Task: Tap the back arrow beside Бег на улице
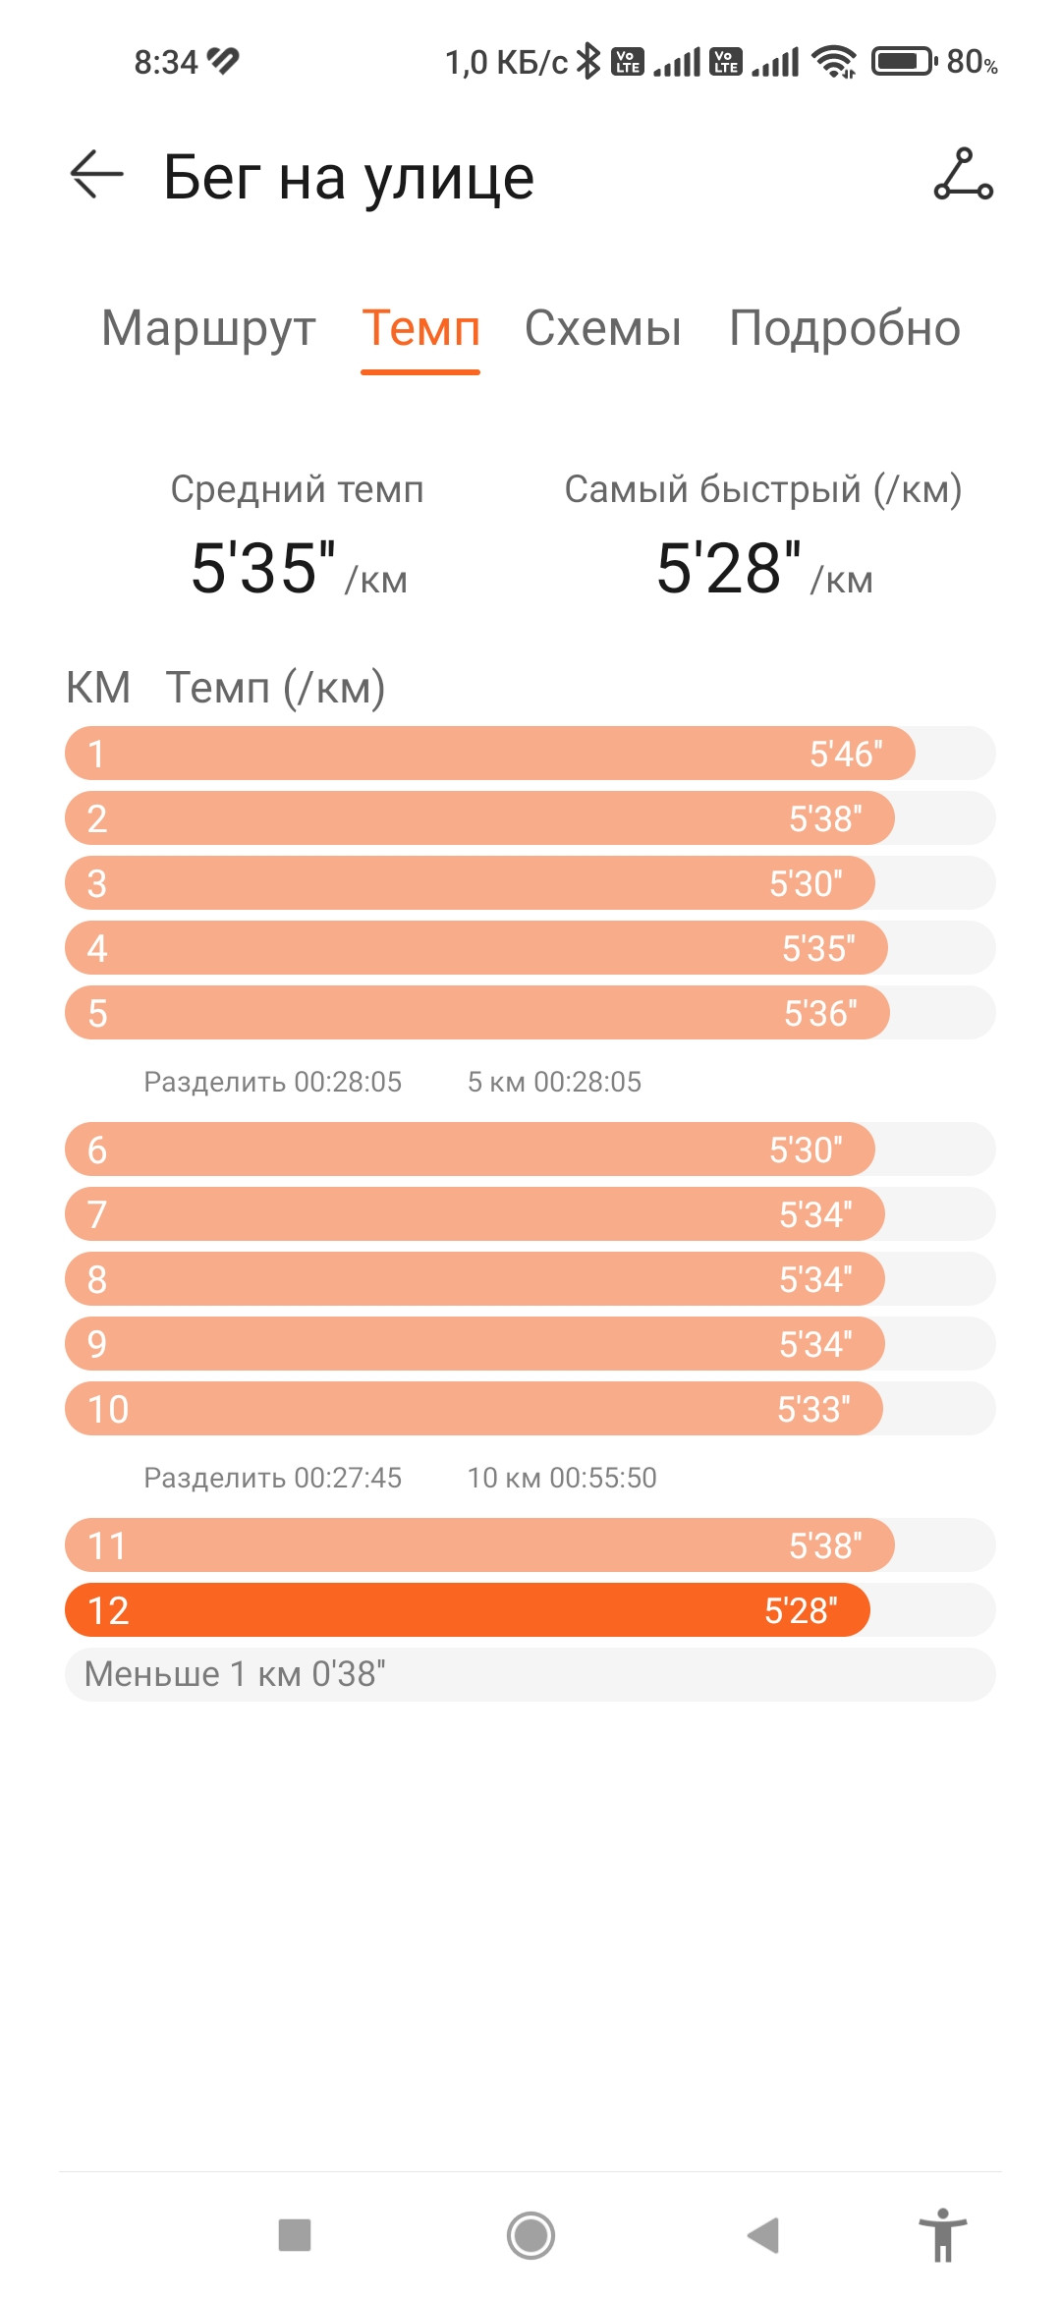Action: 97,175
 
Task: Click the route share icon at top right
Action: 963,175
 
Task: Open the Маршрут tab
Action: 208,329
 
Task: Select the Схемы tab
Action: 602,328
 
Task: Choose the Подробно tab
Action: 845,328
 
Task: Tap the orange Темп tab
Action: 420,328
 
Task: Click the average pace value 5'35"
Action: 263,568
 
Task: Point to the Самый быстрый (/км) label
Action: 762,489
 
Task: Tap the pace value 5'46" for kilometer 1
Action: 846,754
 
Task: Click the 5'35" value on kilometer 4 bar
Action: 818,948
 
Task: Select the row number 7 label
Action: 96,1214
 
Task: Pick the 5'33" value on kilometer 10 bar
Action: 813,1409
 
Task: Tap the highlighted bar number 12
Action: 467,1610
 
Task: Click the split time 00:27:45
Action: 348,1478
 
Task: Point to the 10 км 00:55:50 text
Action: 562,1478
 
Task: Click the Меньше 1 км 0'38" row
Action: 530,1674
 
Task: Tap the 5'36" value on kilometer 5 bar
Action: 820,1013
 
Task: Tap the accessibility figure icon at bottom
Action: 943,2235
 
